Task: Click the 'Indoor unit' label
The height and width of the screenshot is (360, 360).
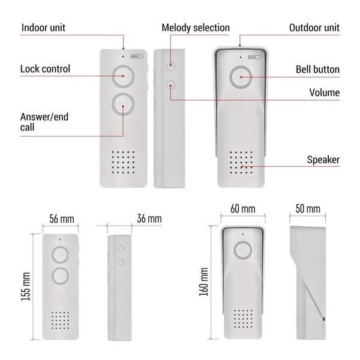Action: point(43,28)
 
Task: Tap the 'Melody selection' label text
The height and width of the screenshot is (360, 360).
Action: point(196,28)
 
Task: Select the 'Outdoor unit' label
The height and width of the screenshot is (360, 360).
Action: point(314,28)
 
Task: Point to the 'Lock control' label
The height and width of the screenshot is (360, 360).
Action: point(45,69)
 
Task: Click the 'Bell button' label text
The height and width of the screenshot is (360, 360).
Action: point(317,70)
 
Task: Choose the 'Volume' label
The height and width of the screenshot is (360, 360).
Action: point(324,92)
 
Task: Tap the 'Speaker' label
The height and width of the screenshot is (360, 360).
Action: point(323,160)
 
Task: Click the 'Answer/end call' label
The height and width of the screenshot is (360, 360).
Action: point(44,122)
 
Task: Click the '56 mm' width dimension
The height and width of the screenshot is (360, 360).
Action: point(62,219)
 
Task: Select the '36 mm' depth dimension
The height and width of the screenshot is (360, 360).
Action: point(149,218)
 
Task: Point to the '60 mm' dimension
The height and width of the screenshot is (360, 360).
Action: point(242,209)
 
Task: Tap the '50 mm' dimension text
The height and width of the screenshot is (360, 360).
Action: point(308,209)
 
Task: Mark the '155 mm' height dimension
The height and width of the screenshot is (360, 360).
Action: point(25,286)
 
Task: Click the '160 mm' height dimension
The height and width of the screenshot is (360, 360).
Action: point(203,282)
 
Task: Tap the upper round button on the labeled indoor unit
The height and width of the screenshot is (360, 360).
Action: point(123,76)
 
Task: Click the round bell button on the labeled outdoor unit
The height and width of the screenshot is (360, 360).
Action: point(241,77)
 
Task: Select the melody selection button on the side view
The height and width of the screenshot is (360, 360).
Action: point(170,66)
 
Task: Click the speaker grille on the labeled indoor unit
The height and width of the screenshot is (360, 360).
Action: point(123,162)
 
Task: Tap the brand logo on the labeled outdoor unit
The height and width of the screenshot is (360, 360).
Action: point(254,57)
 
